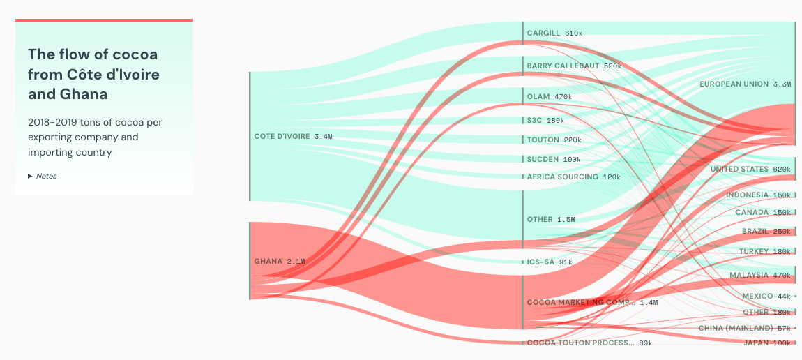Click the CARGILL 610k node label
[x=554, y=33]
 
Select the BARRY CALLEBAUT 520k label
[x=574, y=66]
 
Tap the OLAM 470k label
[x=550, y=96]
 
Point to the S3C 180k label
[x=545, y=120]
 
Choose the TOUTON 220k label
[x=554, y=140]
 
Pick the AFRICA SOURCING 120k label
[x=573, y=177]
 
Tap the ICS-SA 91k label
[x=550, y=262]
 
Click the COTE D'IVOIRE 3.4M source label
[x=293, y=136]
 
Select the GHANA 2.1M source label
[x=279, y=261]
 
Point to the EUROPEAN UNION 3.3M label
[x=745, y=84]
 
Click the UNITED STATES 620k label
[x=750, y=169]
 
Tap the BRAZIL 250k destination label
[x=766, y=231]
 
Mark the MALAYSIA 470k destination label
[x=760, y=275]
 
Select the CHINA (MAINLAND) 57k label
[x=745, y=327]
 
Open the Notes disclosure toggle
[x=43, y=176]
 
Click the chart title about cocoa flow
[x=93, y=74]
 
